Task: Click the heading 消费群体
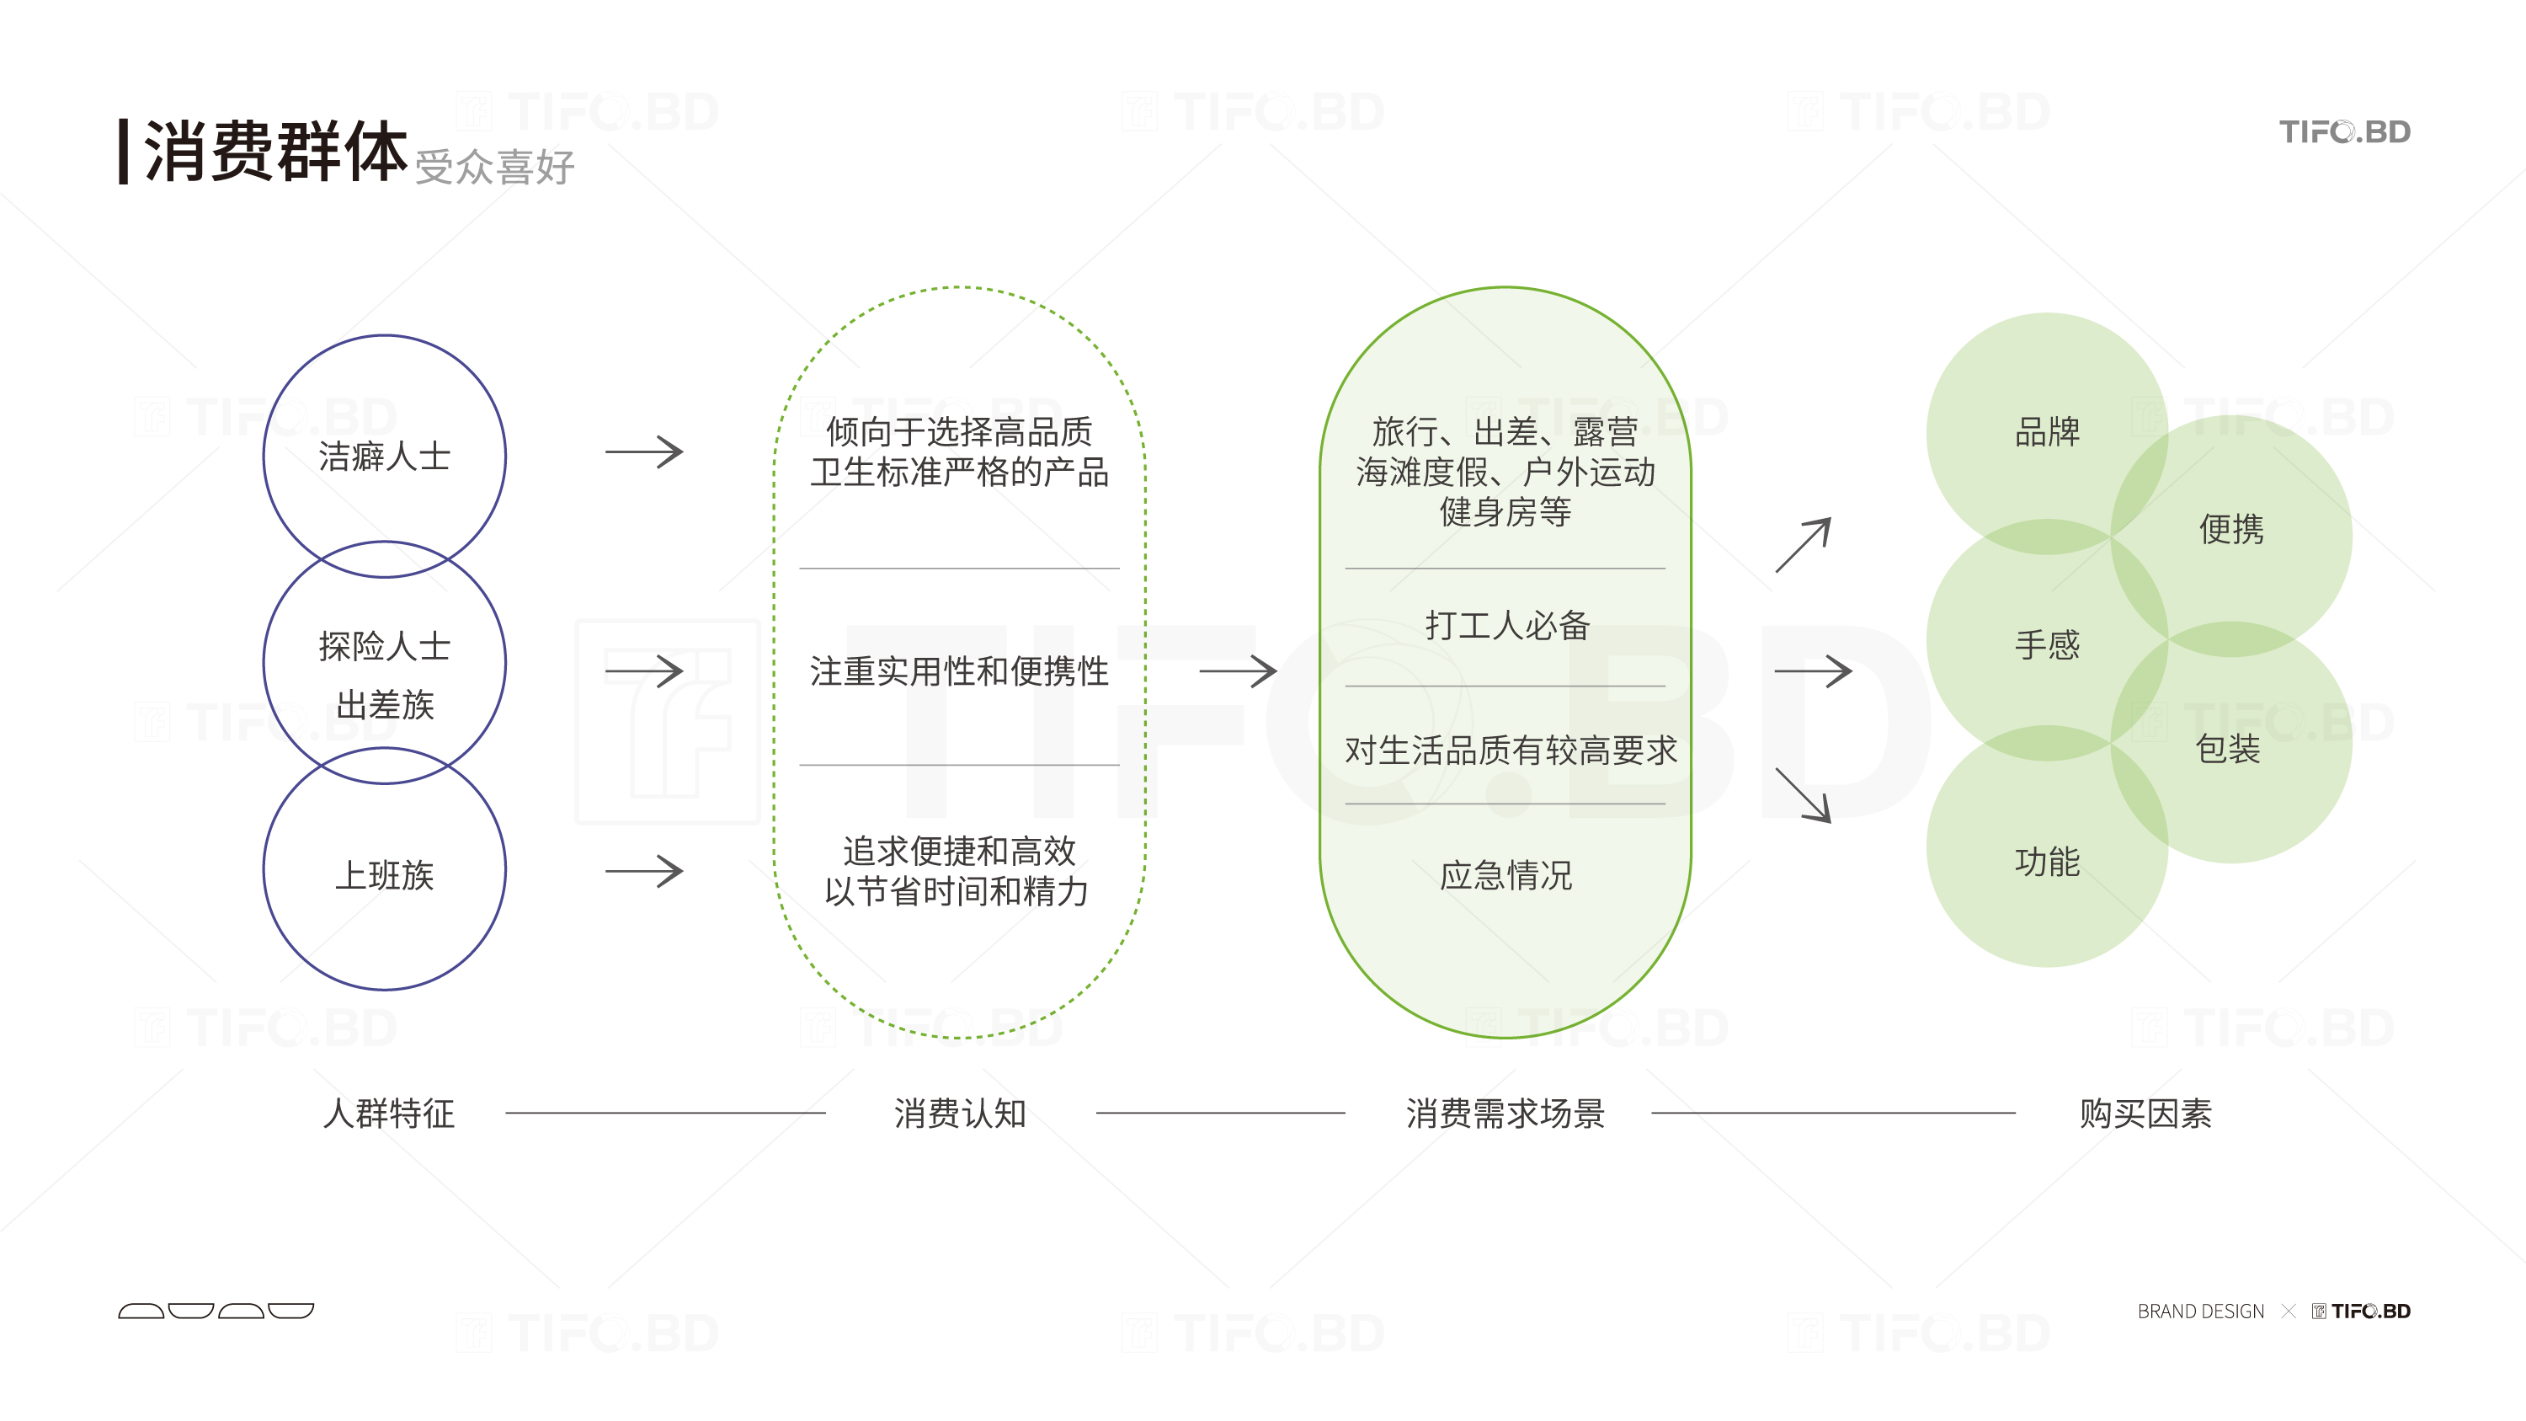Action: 274,152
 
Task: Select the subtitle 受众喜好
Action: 494,167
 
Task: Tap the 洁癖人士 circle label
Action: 385,456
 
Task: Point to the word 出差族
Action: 385,704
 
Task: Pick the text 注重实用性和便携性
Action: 958,672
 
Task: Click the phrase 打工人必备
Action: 1506,625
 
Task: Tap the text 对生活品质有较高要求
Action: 1510,751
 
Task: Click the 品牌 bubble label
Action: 2047,431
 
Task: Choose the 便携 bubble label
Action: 2230,530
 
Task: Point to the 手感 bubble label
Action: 2047,644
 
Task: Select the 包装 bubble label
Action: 2227,749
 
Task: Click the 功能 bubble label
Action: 2047,861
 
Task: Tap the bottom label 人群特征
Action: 388,1113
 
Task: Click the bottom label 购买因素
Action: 2145,1113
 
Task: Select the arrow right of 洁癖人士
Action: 643,452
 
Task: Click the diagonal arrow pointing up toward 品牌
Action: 1803,545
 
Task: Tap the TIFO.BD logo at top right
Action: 2343,131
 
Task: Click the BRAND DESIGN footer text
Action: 2200,1311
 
